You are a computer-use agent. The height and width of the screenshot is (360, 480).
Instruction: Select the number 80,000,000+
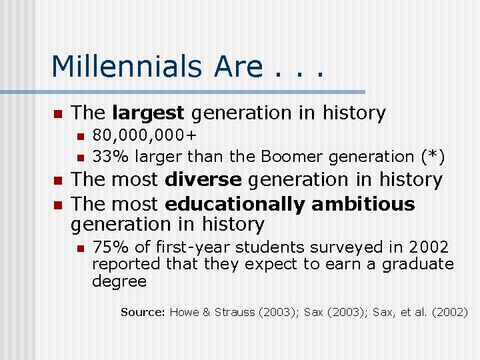click(x=145, y=137)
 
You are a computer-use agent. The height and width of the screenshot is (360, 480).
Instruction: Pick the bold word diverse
click(x=203, y=180)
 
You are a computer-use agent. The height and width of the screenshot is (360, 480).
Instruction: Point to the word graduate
click(x=417, y=264)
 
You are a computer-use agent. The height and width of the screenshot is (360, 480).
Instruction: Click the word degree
click(x=119, y=281)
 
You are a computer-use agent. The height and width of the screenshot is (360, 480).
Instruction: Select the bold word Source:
click(x=143, y=312)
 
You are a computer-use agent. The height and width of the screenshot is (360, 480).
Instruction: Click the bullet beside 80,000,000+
click(x=79, y=137)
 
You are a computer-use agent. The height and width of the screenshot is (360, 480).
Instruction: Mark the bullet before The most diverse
click(x=57, y=181)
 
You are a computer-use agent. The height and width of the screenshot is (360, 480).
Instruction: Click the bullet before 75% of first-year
click(x=79, y=247)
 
